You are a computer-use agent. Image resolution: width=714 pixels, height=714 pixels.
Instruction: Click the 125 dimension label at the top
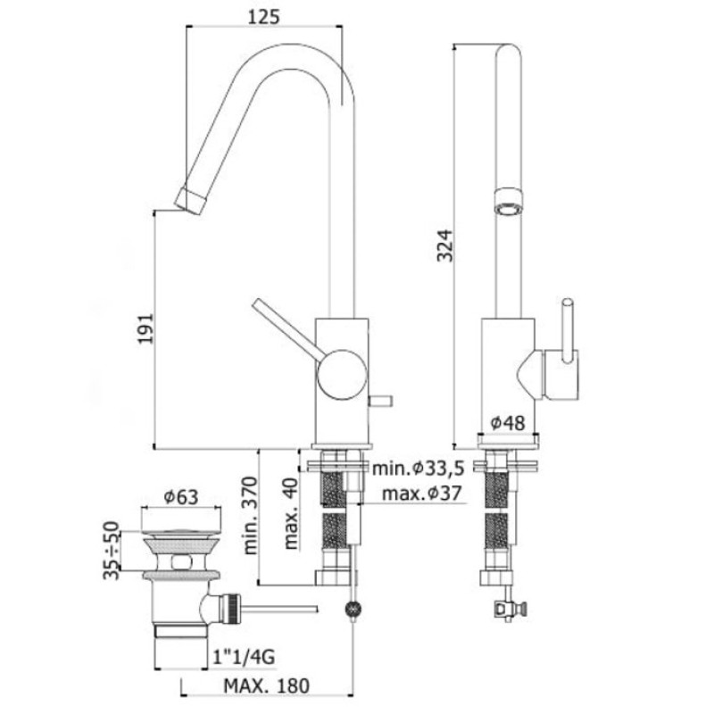pos(263,17)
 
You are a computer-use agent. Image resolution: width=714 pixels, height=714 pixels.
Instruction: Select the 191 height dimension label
pos(146,328)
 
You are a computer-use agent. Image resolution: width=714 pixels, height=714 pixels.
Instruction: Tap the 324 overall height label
pos(444,246)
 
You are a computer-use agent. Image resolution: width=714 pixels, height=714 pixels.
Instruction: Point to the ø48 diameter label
pos(507,423)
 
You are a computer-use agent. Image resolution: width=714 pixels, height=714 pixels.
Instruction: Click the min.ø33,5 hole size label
pos(418,468)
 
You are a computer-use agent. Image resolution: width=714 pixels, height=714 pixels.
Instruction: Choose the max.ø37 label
pos(421,493)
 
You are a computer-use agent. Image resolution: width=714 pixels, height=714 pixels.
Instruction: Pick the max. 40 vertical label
pos(291,513)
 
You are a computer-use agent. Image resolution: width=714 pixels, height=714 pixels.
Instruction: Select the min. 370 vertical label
pos(250,515)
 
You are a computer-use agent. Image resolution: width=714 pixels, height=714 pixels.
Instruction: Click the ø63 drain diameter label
pos(181,497)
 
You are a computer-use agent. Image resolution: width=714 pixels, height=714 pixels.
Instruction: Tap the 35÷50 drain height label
pos(111,550)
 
